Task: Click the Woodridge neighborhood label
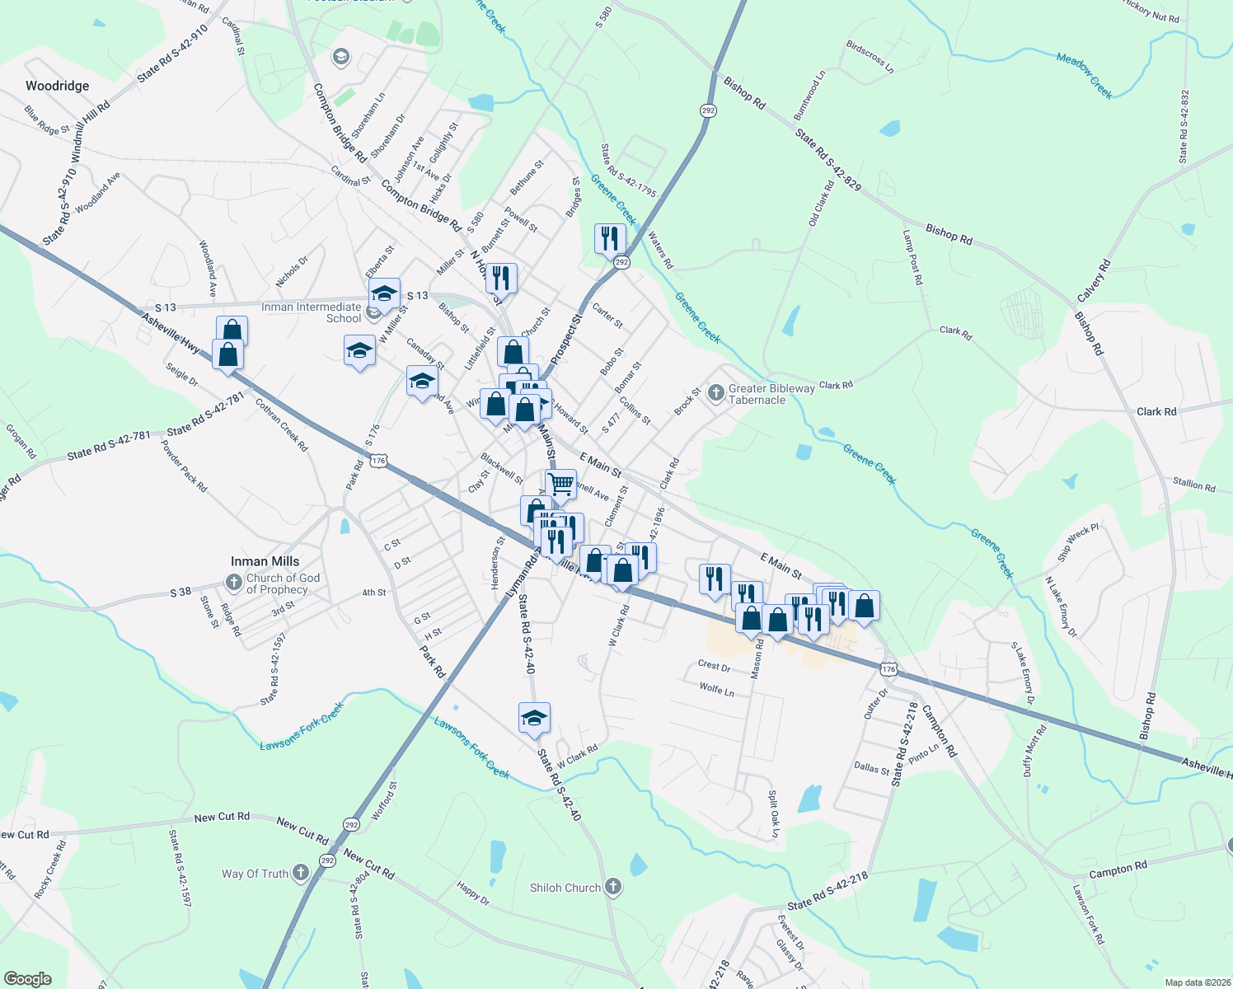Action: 57,86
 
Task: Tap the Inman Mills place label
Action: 265,561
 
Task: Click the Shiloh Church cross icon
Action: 612,887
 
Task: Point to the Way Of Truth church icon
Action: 300,872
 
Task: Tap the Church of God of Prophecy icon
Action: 234,583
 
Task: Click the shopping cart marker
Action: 560,484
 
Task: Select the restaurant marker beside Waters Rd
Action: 610,239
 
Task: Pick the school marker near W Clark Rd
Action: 534,718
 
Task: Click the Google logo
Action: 27,978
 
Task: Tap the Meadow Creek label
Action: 1085,76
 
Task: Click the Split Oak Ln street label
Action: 773,814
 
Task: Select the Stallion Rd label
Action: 1193,485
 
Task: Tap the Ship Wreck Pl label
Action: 1078,542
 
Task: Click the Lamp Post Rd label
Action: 912,257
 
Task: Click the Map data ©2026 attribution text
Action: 1197,982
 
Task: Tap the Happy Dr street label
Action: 473,893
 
